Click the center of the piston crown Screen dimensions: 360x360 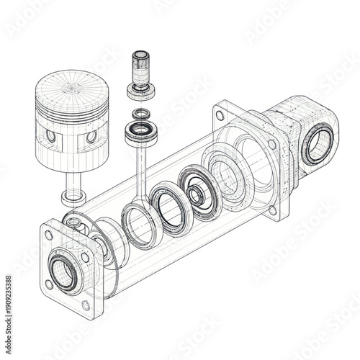click(72, 88)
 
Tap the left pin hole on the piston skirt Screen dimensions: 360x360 click(50, 135)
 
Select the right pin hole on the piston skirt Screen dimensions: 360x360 click(91, 136)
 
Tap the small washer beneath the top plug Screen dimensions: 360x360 click(139, 113)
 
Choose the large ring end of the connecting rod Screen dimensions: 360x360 click(140, 222)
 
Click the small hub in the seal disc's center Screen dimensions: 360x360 click(194, 195)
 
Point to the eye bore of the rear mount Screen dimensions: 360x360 click(317, 145)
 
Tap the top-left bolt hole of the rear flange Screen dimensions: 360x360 click(222, 113)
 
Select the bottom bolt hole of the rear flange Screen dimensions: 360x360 click(272, 210)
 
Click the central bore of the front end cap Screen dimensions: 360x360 click(65, 273)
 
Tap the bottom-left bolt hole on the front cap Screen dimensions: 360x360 click(49, 284)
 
